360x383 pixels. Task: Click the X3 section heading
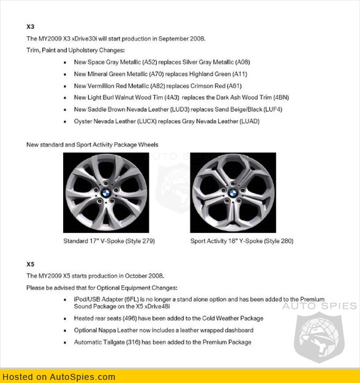point(31,26)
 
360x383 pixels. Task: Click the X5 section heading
point(31,264)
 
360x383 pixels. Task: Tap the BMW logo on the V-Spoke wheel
point(106,193)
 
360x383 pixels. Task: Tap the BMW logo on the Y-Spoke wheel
point(233,193)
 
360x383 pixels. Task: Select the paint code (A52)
point(149,63)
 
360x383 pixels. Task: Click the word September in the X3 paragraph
point(171,39)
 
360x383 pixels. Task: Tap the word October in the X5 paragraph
point(134,276)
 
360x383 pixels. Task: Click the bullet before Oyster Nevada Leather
point(65,122)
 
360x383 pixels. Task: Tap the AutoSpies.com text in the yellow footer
point(83,377)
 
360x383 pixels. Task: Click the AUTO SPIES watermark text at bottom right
point(319,306)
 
